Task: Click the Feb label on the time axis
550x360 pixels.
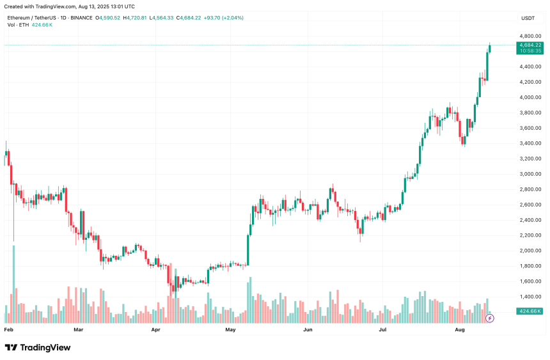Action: [9, 330]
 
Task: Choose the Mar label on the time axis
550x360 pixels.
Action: [79, 330]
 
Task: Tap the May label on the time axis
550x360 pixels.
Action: [231, 330]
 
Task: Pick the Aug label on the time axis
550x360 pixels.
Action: [459, 330]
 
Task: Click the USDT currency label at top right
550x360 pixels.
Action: [528, 18]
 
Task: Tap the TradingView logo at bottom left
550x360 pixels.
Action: [38, 347]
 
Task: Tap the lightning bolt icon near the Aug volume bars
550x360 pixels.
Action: [490, 318]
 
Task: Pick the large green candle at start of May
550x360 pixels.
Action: [248, 249]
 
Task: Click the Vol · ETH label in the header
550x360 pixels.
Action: [17, 25]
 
